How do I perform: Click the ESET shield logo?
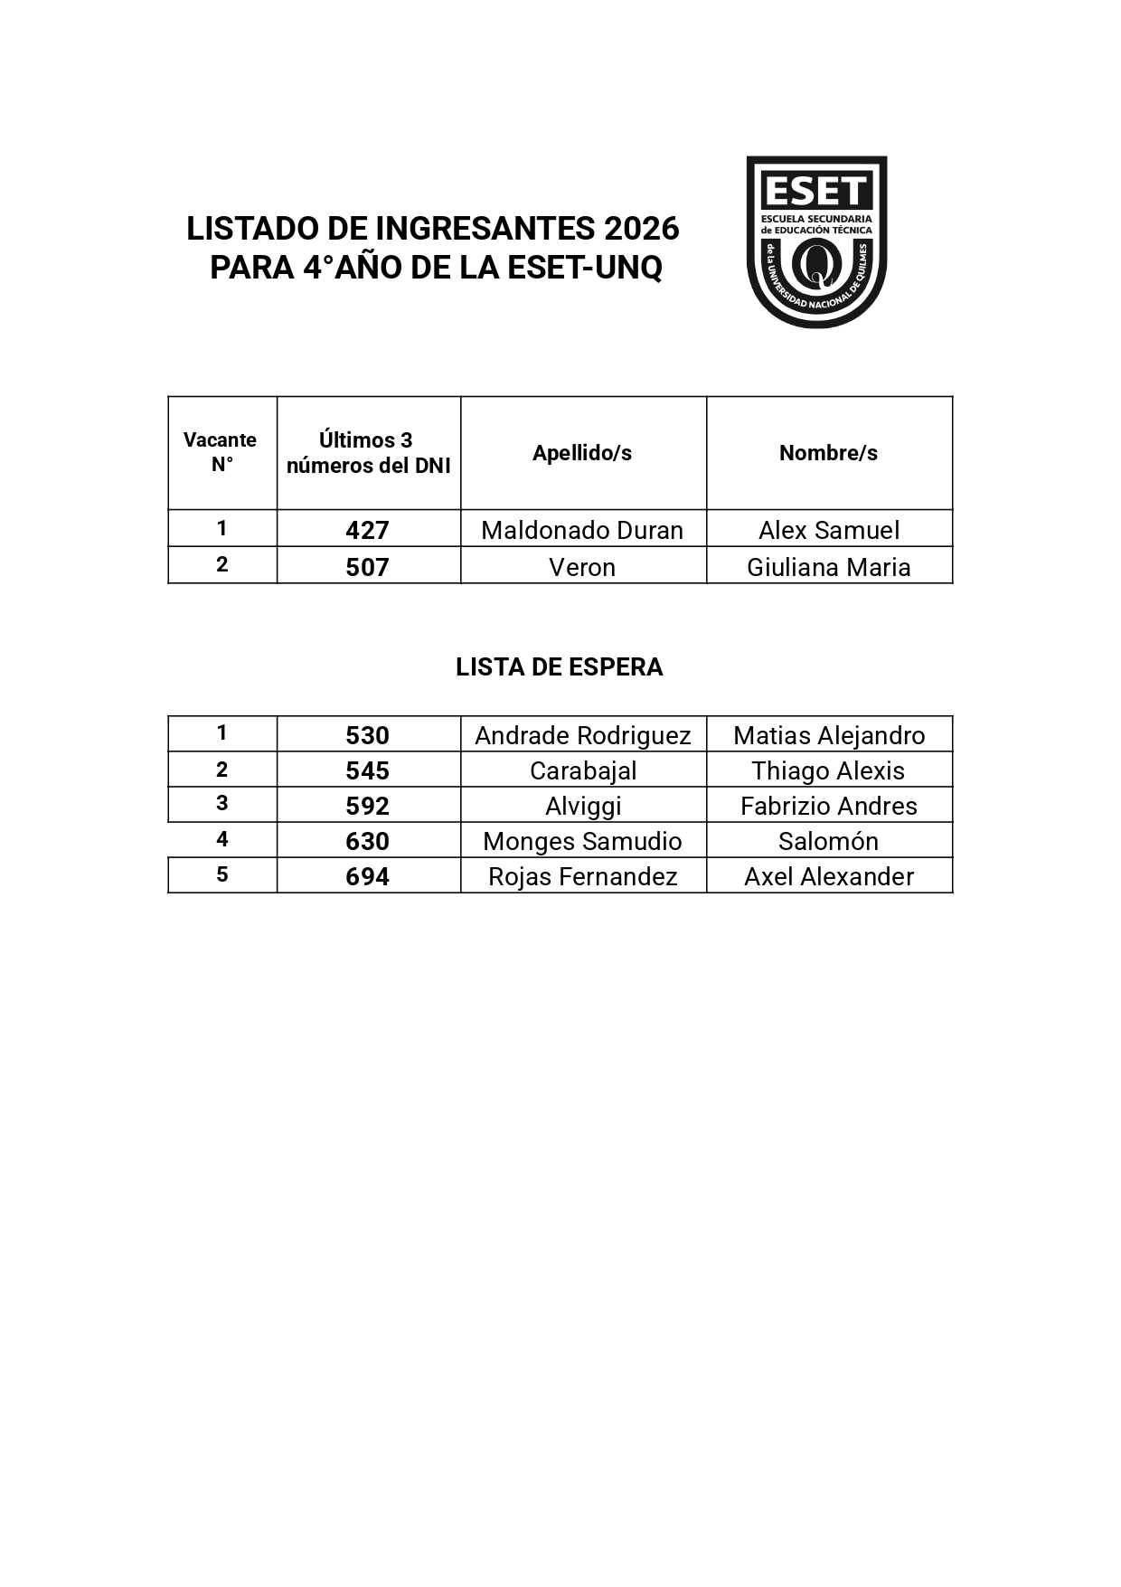coord(815,241)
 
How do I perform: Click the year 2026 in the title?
coord(641,229)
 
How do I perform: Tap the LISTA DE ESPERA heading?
coord(559,667)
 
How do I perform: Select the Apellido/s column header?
coord(582,453)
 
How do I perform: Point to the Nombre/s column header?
coord(828,453)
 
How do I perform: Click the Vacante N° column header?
coord(221,452)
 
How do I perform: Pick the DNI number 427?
coord(367,530)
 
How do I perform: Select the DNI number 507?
coord(367,567)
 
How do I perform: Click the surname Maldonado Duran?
coord(582,530)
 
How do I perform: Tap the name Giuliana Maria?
coord(828,567)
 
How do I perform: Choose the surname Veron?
coord(582,567)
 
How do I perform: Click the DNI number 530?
coord(367,735)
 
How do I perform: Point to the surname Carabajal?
coord(583,770)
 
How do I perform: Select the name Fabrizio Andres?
coord(828,806)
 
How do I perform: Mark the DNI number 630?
coord(367,841)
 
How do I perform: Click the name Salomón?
coord(828,841)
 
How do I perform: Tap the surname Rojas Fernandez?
coord(583,876)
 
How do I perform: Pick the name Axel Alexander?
coord(828,876)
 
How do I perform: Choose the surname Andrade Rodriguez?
coord(583,735)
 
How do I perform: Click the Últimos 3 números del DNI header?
coord(368,452)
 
